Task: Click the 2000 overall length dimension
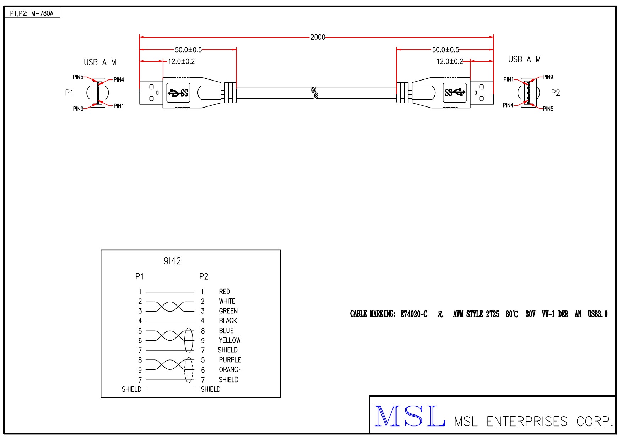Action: click(318, 37)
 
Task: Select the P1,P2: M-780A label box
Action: click(32, 13)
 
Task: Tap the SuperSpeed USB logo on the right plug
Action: click(455, 93)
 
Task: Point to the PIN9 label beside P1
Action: click(78, 109)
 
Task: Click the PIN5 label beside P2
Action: click(548, 109)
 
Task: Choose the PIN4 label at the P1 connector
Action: click(119, 80)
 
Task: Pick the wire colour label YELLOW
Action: click(229, 340)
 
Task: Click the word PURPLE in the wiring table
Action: click(230, 360)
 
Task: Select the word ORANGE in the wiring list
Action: click(230, 370)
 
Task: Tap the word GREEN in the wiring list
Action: click(228, 311)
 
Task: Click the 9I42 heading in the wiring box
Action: click(172, 261)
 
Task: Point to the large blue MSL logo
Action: click(410, 416)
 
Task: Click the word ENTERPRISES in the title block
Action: click(527, 422)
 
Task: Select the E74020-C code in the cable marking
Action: click(414, 314)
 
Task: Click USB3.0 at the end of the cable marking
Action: click(597, 314)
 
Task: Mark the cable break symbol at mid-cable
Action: click(314, 93)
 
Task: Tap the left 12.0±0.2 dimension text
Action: click(181, 61)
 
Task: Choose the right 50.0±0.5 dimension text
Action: click(445, 50)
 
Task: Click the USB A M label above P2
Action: click(524, 60)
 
